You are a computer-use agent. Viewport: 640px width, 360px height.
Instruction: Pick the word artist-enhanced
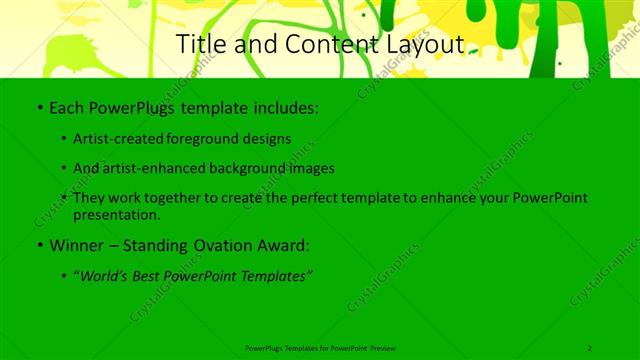[x=157, y=168]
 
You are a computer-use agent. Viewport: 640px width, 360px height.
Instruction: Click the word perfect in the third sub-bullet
[x=314, y=198]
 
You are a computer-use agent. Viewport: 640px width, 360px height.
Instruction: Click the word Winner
[x=73, y=245]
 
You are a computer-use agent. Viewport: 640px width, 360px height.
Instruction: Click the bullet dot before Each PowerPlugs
[x=39, y=106]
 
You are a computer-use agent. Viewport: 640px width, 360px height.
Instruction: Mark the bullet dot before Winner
[x=39, y=245]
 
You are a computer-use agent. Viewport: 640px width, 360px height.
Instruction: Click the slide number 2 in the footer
[x=590, y=348]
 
